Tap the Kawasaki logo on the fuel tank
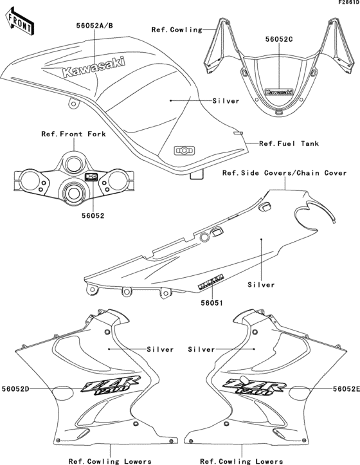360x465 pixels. coord(94,68)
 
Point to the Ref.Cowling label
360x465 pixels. coord(176,30)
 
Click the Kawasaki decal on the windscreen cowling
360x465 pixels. coord(278,92)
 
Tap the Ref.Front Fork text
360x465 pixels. coord(73,134)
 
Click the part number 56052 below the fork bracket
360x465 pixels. coord(73,217)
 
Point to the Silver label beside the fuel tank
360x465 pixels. coord(226,101)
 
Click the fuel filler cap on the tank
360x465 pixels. coord(184,150)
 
